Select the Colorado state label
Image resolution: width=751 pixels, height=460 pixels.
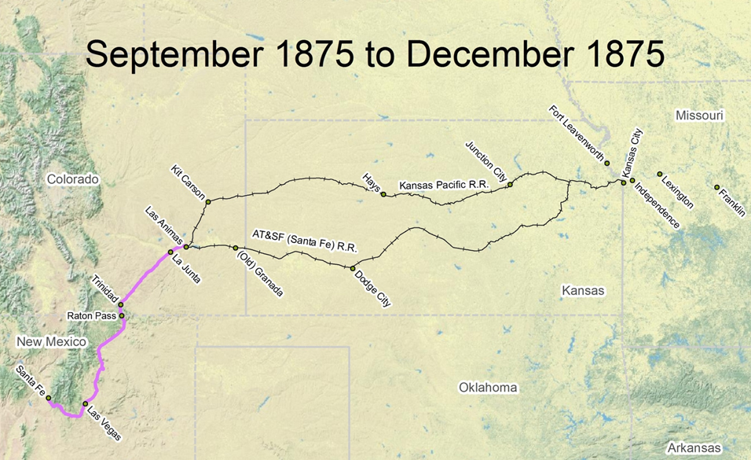[x=72, y=179]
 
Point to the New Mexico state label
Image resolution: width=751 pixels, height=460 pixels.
[x=51, y=341]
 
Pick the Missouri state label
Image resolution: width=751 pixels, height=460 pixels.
[x=699, y=116]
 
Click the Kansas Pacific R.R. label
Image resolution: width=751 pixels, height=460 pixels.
[x=445, y=185]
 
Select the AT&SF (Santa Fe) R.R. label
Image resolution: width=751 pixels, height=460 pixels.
[x=304, y=241]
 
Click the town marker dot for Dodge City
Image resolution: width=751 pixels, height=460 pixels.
[x=353, y=268]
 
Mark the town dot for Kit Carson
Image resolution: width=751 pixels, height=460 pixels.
[x=208, y=202]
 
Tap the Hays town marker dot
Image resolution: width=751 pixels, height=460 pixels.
[x=383, y=194]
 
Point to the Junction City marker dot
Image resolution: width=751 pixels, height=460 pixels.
[x=510, y=185]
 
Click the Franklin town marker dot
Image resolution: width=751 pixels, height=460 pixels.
[x=716, y=187]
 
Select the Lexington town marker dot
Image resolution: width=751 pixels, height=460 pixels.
[x=659, y=174]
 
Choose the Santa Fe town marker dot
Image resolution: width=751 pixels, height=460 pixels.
[x=49, y=398]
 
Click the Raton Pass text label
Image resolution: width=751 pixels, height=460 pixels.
[x=92, y=317]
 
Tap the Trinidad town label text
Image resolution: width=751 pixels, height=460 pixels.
[x=105, y=289]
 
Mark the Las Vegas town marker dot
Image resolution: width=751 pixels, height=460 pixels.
[x=85, y=404]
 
